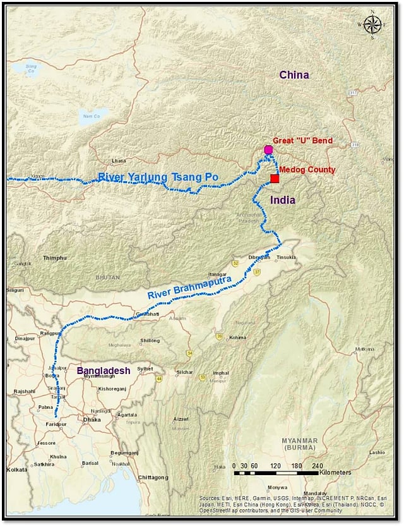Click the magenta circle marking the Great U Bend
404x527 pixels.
[x=268, y=150]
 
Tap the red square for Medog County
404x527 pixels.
[x=275, y=179]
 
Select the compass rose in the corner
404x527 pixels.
[x=372, y=25]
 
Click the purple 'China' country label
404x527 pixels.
[x=294, y=75]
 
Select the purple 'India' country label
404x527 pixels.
[x=282, y=200]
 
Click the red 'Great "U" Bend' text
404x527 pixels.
[x=302, y=140]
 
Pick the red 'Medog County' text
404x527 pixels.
[x=307, y=170]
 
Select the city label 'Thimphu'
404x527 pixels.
[x=54, y=258]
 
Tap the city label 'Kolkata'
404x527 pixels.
[x=17, y=469]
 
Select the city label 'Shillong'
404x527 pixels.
[x=150, y=341]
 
